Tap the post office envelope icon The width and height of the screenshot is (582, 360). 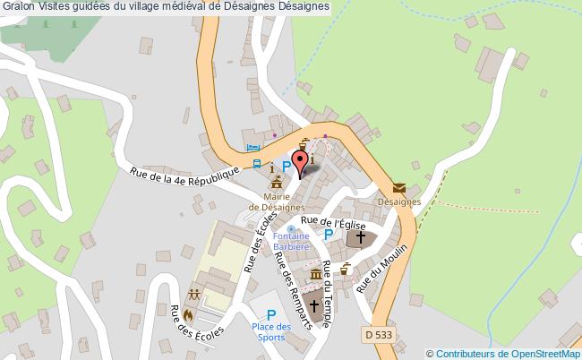[398, 188]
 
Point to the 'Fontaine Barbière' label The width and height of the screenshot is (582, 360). [292, 240]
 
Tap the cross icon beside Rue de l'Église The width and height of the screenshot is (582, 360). [361, 238]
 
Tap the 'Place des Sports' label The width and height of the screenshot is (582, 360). [270, 332]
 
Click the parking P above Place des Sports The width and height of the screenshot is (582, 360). [270, 314]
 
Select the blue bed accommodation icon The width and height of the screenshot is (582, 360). [252, 148]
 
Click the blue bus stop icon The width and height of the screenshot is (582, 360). [257, 165]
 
